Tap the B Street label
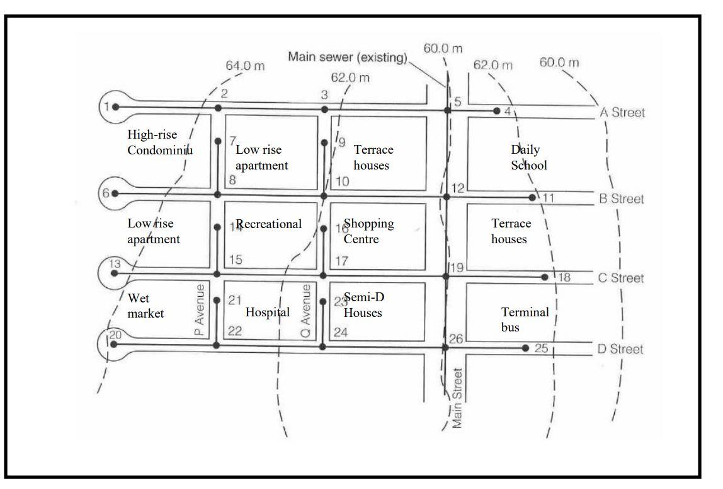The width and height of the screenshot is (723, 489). (621, 199)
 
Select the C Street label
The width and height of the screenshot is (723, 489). (621, 279)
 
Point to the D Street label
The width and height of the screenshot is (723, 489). (621, 349)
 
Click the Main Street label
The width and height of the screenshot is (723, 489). (458, 398)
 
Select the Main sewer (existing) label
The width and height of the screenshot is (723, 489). (347, 56)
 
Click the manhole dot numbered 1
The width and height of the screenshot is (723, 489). (116, 107)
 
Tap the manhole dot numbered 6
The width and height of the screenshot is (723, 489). (115, 193)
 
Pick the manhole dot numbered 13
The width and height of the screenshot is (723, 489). (114, 273)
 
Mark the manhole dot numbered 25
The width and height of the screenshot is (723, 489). (525, 348)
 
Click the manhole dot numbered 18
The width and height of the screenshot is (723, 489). (545, 277)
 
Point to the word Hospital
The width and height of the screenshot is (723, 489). (268, 312)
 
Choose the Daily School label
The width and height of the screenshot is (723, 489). (529, 158)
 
